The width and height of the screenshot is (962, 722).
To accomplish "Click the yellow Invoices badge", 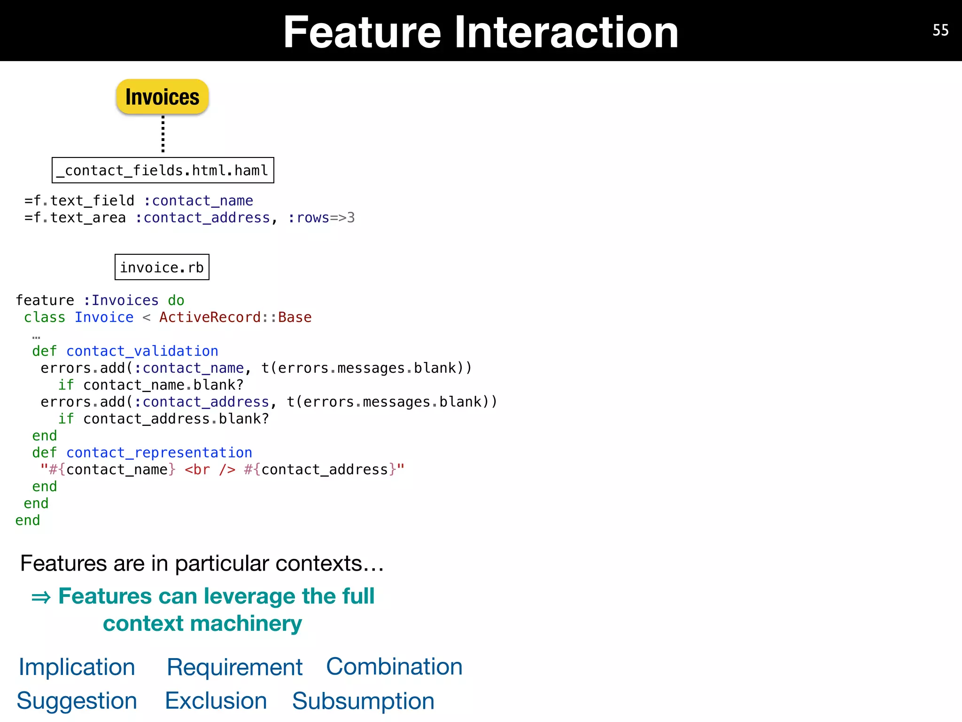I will click(x=162, y=97).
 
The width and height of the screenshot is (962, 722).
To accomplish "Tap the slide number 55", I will click(x=940, y=31).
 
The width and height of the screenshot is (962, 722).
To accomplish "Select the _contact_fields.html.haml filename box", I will click(x=163, y=170).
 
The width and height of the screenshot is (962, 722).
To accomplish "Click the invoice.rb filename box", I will click(x=162, y=267).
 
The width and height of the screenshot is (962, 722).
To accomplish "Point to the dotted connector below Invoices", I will click(x=163, y=134).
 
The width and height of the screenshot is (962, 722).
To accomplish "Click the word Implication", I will click(x=77, y=667).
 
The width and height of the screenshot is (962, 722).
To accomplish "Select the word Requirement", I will click(x=234, y=667).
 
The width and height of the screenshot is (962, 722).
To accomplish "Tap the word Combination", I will click(x=394, y=666).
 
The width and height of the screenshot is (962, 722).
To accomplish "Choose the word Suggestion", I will click(x=77, y=701).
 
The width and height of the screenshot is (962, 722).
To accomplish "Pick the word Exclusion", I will click(x=216, y=701).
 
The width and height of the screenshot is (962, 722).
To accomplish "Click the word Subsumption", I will click(x=363, y=701).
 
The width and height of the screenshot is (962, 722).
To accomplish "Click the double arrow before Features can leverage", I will click(x=41, y=597).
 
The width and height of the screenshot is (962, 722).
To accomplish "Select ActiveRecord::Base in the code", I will click(x=235, y=317).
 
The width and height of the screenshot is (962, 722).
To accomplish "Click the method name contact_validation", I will click(x=142, y=351).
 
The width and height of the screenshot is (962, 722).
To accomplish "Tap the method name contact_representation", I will click(x=159, y=453).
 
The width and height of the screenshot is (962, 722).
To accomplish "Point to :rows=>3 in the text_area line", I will click(x=321, y=218).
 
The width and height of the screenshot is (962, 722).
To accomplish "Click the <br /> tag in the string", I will click(x=210, y=470).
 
